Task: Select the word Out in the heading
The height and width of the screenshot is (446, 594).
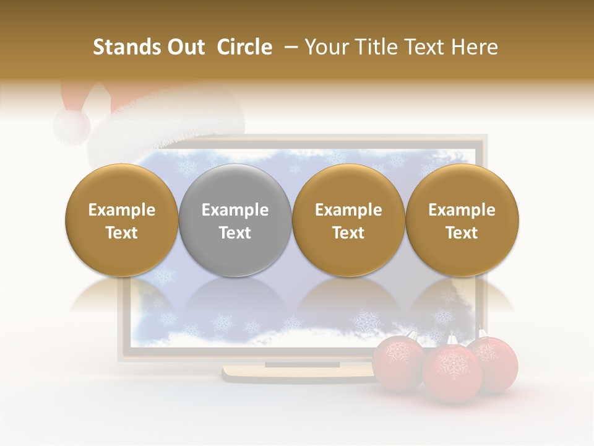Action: pos(186,47)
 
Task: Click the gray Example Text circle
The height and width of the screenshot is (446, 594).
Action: pos(235,221)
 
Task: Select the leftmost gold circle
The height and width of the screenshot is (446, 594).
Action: pos(122,221)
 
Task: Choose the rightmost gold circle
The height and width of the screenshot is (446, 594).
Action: pos(462,221)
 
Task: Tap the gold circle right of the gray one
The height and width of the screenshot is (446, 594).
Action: pos(348,221)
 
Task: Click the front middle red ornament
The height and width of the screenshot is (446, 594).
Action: pos(452,374)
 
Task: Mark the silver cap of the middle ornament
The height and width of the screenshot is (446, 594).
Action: pos(452,340)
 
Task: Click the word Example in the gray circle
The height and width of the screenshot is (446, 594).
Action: pos(235,210)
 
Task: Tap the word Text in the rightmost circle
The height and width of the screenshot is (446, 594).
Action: pos(462,233)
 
